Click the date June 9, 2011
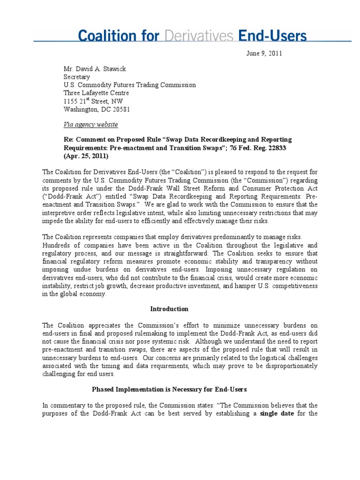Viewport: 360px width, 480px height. coord(264,53)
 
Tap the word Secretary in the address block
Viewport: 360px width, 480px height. coord(76,77)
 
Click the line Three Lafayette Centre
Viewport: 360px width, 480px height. coord(96,93)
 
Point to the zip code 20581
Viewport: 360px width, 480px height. coord(120,109)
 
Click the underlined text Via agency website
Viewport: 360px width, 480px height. coord(90,124)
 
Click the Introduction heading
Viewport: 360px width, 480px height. coord(169,309)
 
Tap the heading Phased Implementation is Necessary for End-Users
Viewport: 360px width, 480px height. coord(169,389)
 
